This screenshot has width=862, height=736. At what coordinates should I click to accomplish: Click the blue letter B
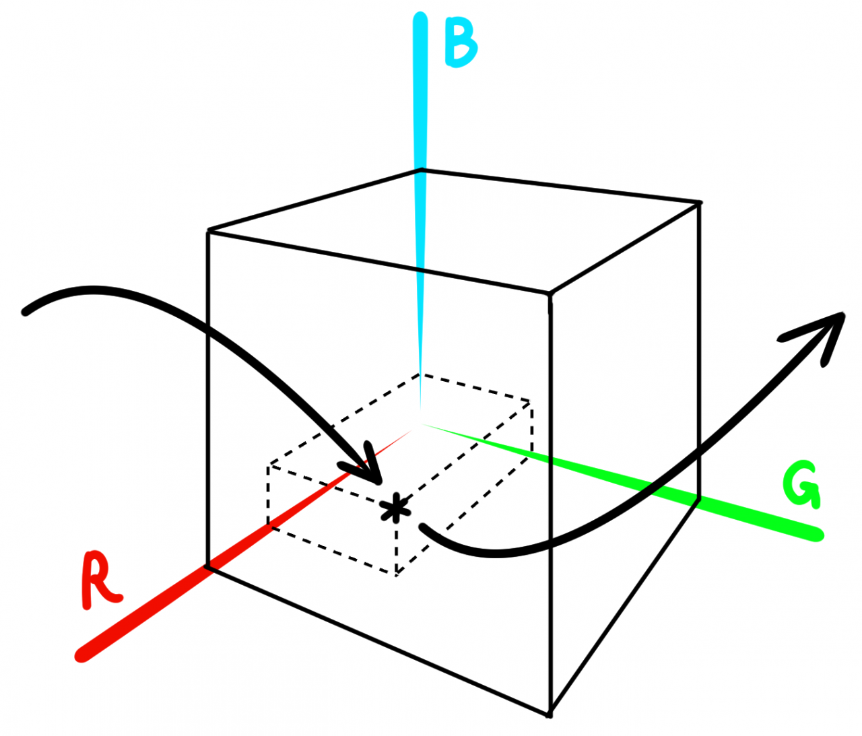[460, 45]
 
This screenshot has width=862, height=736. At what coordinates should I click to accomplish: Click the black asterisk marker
[395, 508]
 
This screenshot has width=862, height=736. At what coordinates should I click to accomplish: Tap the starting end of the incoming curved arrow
[26, 311]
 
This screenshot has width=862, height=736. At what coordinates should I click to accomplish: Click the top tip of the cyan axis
[420, 16]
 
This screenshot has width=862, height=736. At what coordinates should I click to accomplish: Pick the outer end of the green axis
[818, 535]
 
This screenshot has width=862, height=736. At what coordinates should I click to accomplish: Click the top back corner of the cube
[422, 170]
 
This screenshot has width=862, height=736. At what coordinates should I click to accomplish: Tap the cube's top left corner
[208, 232]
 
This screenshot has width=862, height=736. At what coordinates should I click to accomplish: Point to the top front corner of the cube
[550, 294]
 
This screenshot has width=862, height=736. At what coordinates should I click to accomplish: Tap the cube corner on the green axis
[698, 499]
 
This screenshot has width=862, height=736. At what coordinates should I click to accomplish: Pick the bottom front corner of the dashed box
[396, 573]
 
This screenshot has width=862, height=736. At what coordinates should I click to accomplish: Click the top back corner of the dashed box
[420, 374]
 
